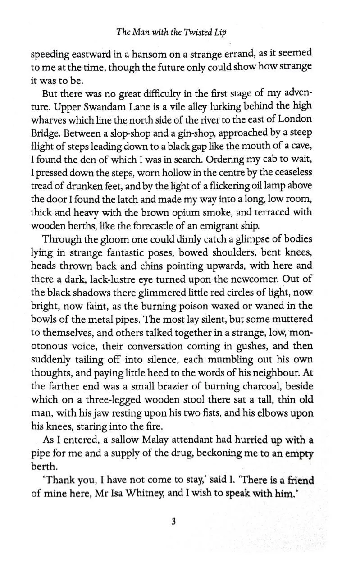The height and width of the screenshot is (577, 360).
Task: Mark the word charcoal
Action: click(262, 386)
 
